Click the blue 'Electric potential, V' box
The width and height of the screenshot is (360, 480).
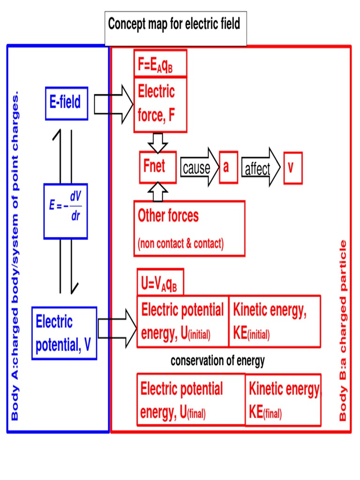(x=64, y=333)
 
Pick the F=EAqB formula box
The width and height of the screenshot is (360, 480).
(x=160, y=63)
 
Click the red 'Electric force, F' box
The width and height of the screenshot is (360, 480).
(x=160, y=105)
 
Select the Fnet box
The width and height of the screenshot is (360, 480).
(x=157, y=167)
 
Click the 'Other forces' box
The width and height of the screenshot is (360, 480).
(x=189, y=228)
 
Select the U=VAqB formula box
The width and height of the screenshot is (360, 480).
(x=160, y=282)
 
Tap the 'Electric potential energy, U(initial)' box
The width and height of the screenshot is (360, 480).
(x=182, y=321)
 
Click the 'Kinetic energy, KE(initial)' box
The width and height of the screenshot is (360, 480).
(x=275, y=321)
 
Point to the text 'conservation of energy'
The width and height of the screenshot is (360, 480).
(x=217, y=361)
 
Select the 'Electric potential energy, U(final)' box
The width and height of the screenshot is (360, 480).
(x=191, y=399)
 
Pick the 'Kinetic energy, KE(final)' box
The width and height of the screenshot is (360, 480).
(x=283, y=400)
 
